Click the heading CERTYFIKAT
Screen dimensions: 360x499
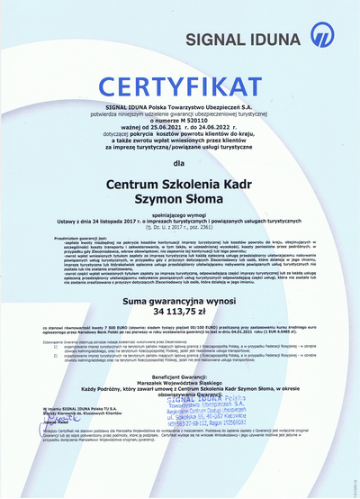tap(181, 87)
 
